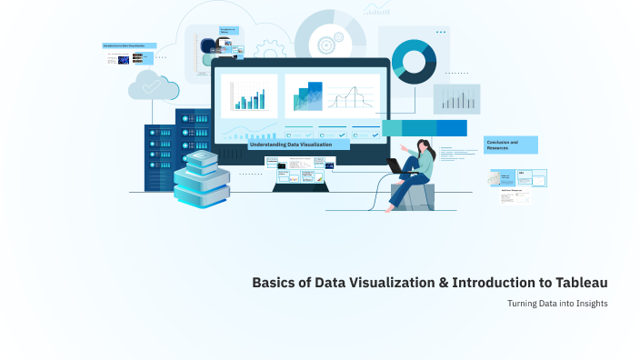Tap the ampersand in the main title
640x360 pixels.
444,283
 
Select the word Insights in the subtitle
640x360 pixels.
589,303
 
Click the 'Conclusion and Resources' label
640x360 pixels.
510,145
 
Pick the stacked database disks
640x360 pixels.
201,179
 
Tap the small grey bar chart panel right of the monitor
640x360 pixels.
456,99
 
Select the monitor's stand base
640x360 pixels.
301,186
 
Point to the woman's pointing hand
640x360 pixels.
402,145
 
